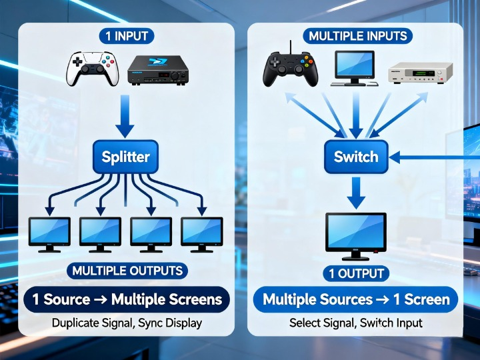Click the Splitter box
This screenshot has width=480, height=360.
[125, 157]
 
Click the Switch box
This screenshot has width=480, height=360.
[356, 157]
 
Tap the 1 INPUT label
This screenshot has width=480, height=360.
[126, 36]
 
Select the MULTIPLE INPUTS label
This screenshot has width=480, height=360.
[357, 36]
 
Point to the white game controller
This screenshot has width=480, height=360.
[91, 69]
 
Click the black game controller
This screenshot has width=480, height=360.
[288, 68]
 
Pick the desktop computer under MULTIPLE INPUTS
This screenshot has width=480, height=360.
[355, 68]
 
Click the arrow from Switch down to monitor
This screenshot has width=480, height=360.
[356, 194]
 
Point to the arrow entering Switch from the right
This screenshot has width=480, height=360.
[433, 157]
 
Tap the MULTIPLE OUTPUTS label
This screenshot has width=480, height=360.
[127, 271]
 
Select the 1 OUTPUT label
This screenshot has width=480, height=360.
[356, 273]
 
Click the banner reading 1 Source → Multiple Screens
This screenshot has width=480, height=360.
[126, 299]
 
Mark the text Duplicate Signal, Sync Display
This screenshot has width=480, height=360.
[126, 323]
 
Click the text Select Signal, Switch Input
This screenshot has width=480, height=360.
[356, 323]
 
